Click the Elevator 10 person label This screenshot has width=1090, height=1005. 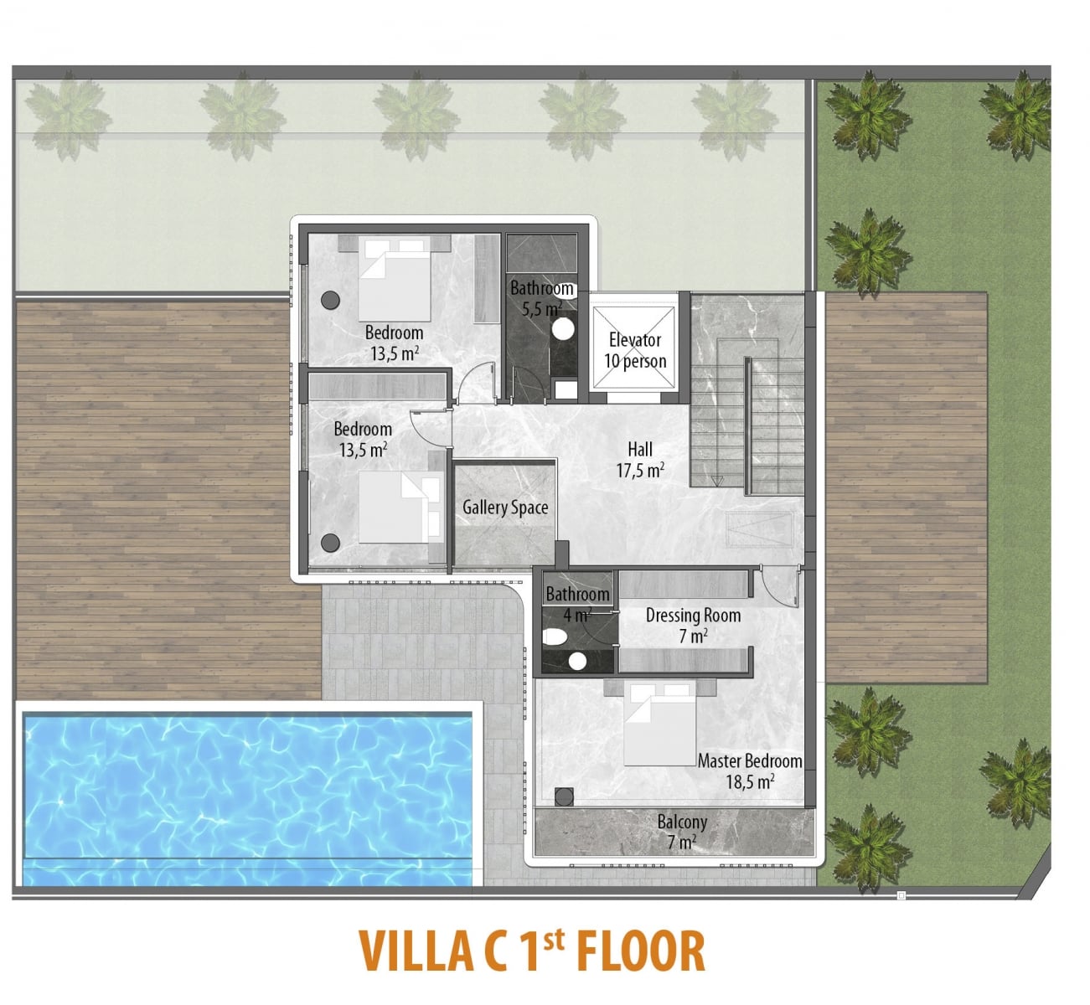pos(635,350)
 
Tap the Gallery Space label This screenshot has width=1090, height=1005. pos(505,508)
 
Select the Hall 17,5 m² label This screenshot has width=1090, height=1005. pos(640,460)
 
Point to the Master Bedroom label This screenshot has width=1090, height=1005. pos(750,761)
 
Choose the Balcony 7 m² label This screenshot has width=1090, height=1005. pos(682,832)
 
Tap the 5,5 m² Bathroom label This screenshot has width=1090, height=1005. pos(542,298)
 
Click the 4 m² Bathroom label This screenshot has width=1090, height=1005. pos(577,605)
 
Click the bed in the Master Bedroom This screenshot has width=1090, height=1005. pos(659,724)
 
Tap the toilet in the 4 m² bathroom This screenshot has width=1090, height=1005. pos(555,637)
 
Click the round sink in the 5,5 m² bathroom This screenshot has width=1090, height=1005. pos(563,329)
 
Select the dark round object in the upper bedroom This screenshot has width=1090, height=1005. pos(330,300)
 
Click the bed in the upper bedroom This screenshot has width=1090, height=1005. pos(394,279)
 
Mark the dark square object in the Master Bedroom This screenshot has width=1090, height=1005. pos(564,796)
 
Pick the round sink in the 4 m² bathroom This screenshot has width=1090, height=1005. pos(577,662)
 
